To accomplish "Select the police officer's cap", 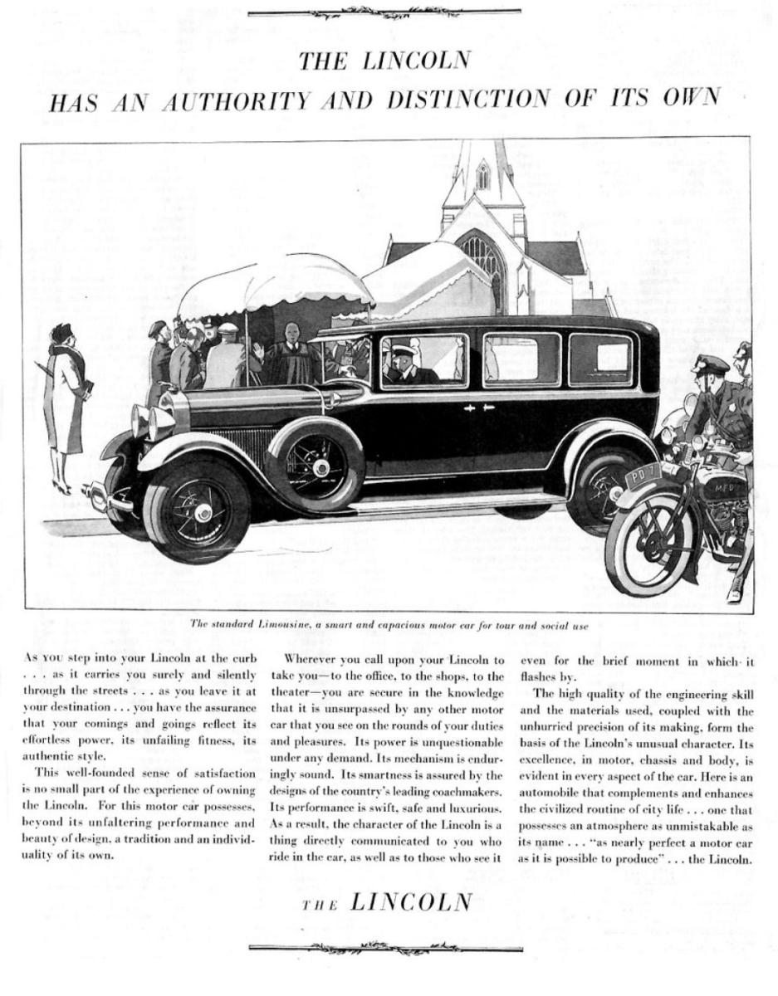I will pos(711,364).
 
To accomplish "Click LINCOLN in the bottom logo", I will pos(411,901).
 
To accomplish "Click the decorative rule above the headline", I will pos(384,12).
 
